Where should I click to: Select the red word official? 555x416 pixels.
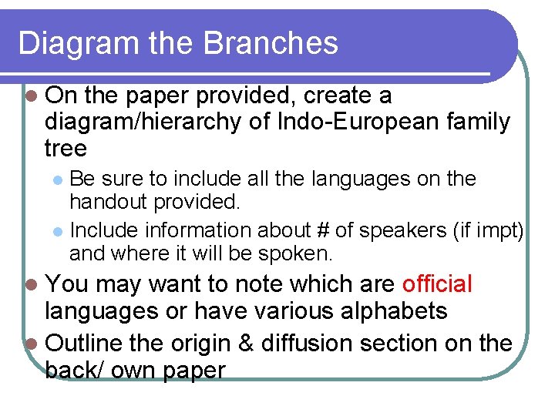click(437, 284)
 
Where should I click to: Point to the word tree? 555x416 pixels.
click(66, 148)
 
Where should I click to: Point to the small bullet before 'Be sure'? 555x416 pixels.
click(59, 179)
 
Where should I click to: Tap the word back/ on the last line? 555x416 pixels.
click(75, 370)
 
